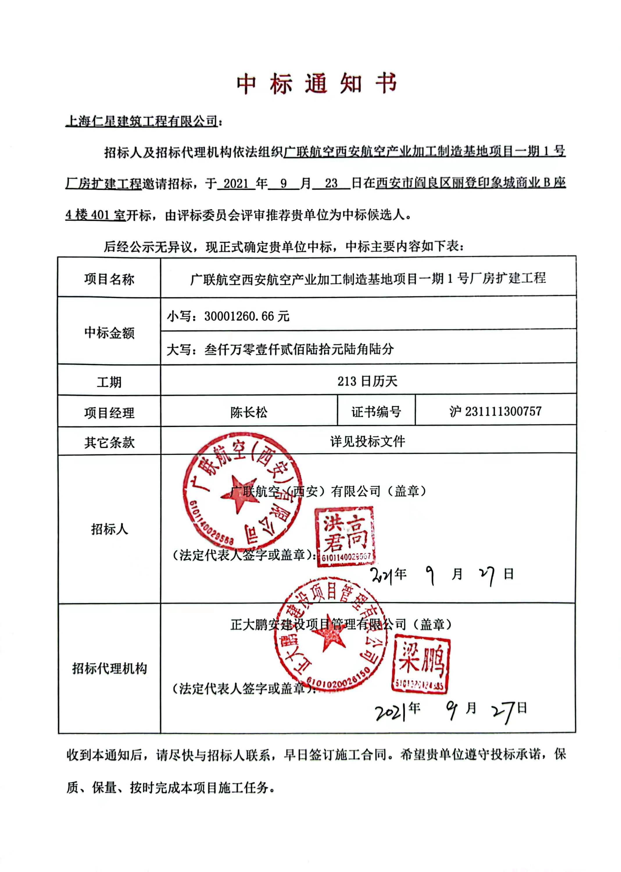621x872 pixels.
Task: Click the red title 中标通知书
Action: coord(317,84)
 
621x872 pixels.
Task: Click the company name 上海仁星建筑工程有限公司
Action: coord(142,121)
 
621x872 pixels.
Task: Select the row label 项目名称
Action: coord(109,279)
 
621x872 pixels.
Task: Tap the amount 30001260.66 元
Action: coord(247,316)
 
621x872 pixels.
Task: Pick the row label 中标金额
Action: coord(109,333)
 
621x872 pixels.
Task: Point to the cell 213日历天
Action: coord(367,381)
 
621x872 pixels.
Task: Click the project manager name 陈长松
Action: coord(249,412)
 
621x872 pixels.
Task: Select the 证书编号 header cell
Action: coord(376,412)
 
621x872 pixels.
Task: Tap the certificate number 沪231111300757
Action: coord(495,411)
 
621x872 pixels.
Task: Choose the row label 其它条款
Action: coord(109,443)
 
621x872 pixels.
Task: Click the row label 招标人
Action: coord(109,529)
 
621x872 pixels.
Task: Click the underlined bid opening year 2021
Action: coord(236,184)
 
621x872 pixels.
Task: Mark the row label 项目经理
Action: coord(109,413)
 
